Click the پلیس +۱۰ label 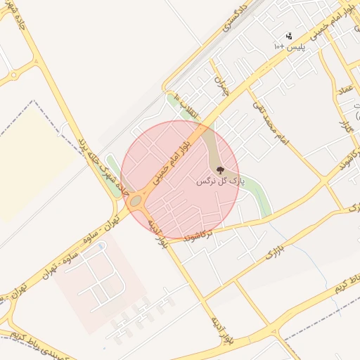289,46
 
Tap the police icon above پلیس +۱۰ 289,36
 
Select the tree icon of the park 220,170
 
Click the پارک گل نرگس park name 220,181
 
